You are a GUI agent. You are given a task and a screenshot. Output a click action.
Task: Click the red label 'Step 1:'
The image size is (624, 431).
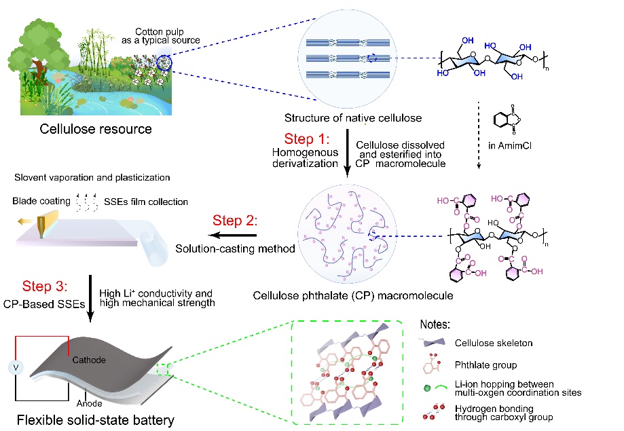[x=307, y=140]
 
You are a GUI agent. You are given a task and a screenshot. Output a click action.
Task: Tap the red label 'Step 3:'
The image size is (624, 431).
[x=49, y=285]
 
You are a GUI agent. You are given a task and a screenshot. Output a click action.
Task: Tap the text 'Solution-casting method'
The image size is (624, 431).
[x=235, y=249]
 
